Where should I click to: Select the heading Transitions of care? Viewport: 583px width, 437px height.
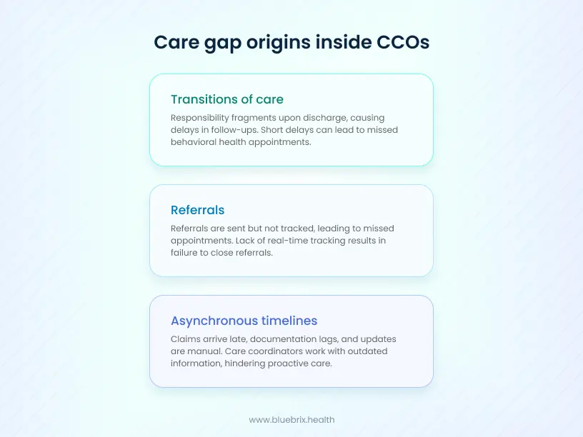pyautogui.click(x=227, y=99)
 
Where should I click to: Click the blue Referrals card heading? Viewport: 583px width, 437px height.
pyautogui.click(x=197, y=210)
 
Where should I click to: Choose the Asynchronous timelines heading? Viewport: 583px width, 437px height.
pyautogui.click(x=244, y=321)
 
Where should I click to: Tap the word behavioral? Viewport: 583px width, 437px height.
pyautogui.click(x=196, y=141)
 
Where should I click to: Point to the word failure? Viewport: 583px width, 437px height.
pyautogui.click(x=186, y=253)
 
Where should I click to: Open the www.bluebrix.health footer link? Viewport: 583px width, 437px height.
pyautogui.click(x=291, y=420)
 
